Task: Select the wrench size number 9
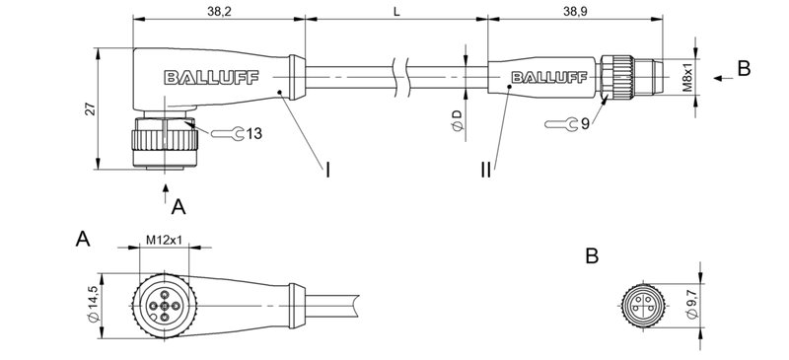pyautogui.click(x=584, y=124)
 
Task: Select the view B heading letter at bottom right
pyautogui.click(x=592, y=256)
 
